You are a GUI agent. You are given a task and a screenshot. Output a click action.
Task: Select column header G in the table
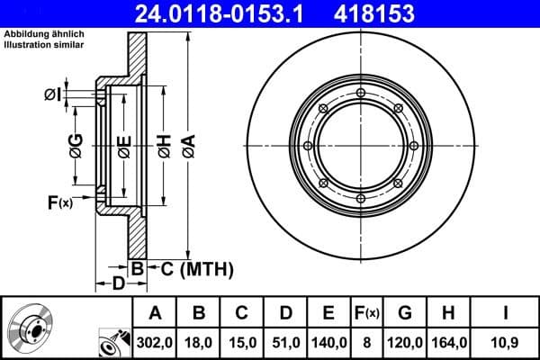click(404, 313)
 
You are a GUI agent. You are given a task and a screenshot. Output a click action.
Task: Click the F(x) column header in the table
click(365, 313)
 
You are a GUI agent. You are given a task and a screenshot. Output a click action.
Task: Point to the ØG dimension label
click(76, 145)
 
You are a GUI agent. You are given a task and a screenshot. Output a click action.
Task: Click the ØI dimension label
click(52, 94)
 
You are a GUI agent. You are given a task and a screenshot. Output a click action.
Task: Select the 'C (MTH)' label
click(197, 267)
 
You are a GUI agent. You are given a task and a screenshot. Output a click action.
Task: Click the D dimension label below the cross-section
click(118, 285)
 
